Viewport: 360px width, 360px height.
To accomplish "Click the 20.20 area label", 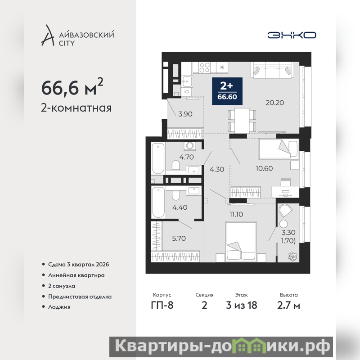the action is click(274, 103).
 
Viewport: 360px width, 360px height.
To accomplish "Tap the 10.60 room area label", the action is click(264, 168).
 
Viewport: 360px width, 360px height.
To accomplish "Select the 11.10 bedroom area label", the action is click(236, 214).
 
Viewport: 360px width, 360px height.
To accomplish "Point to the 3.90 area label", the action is click(185, 114).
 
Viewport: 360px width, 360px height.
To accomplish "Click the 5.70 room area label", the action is click(179, 238).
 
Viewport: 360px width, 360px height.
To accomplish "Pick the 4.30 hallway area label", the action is click(217, 169).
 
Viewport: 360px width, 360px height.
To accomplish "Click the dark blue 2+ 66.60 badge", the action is click(227, 91).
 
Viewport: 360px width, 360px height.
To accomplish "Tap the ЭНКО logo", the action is click(292, 35).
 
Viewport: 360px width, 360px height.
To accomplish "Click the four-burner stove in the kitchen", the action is click(204, 67).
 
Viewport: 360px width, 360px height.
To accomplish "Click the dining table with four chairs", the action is click(242, 121).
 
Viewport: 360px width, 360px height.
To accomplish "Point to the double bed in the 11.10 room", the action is click(241, 242).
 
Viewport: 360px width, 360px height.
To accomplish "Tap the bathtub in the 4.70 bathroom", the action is click(158, 158).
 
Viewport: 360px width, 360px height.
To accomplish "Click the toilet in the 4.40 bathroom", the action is click(176, 195).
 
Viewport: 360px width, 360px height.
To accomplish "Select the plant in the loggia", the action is click(292, 256).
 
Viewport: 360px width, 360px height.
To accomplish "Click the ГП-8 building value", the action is click(162, 306).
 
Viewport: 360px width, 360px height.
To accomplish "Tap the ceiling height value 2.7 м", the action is click(288, 306).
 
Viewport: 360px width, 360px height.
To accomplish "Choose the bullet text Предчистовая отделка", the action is click(80, 297).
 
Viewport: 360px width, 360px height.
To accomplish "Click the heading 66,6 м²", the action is click(72, 87).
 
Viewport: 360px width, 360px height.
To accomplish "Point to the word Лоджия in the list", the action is click(59, 307).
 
